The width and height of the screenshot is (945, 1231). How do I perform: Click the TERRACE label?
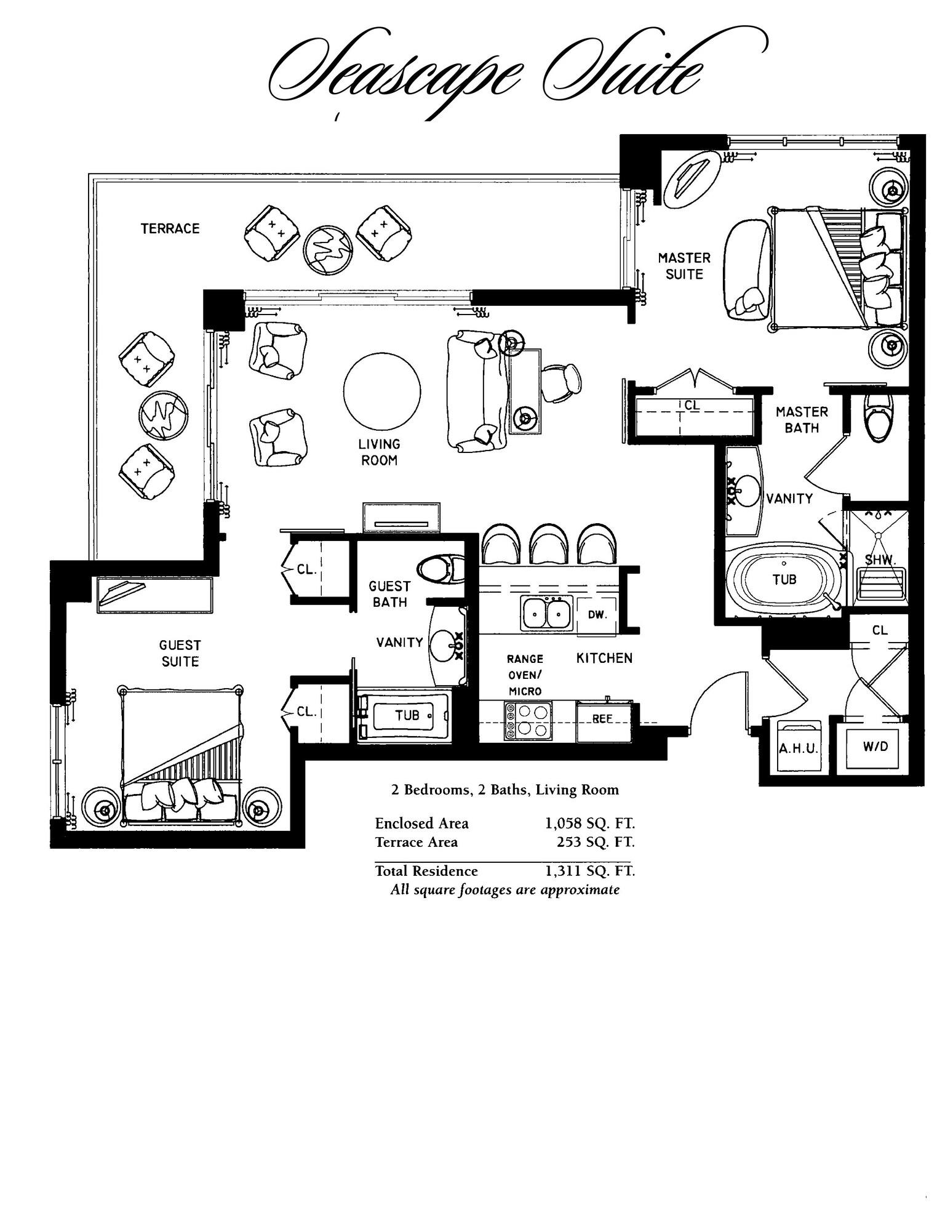[170, 228]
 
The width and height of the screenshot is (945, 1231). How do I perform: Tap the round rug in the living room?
[382, 391]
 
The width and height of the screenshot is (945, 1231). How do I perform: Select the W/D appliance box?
[875, 747]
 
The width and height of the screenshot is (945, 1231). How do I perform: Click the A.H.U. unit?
[798, 748]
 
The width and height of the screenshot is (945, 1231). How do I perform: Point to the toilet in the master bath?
[878, 418]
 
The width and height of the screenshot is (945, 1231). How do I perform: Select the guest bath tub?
[406, 715]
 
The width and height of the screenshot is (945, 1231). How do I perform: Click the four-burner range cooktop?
[527, 720]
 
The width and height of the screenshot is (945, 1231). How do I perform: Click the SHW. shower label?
[880, 559]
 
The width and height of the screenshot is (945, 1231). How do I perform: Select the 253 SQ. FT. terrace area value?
[595, 841]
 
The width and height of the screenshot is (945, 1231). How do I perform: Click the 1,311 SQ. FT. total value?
[589, 870]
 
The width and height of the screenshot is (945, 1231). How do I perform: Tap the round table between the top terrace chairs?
[328, 250]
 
